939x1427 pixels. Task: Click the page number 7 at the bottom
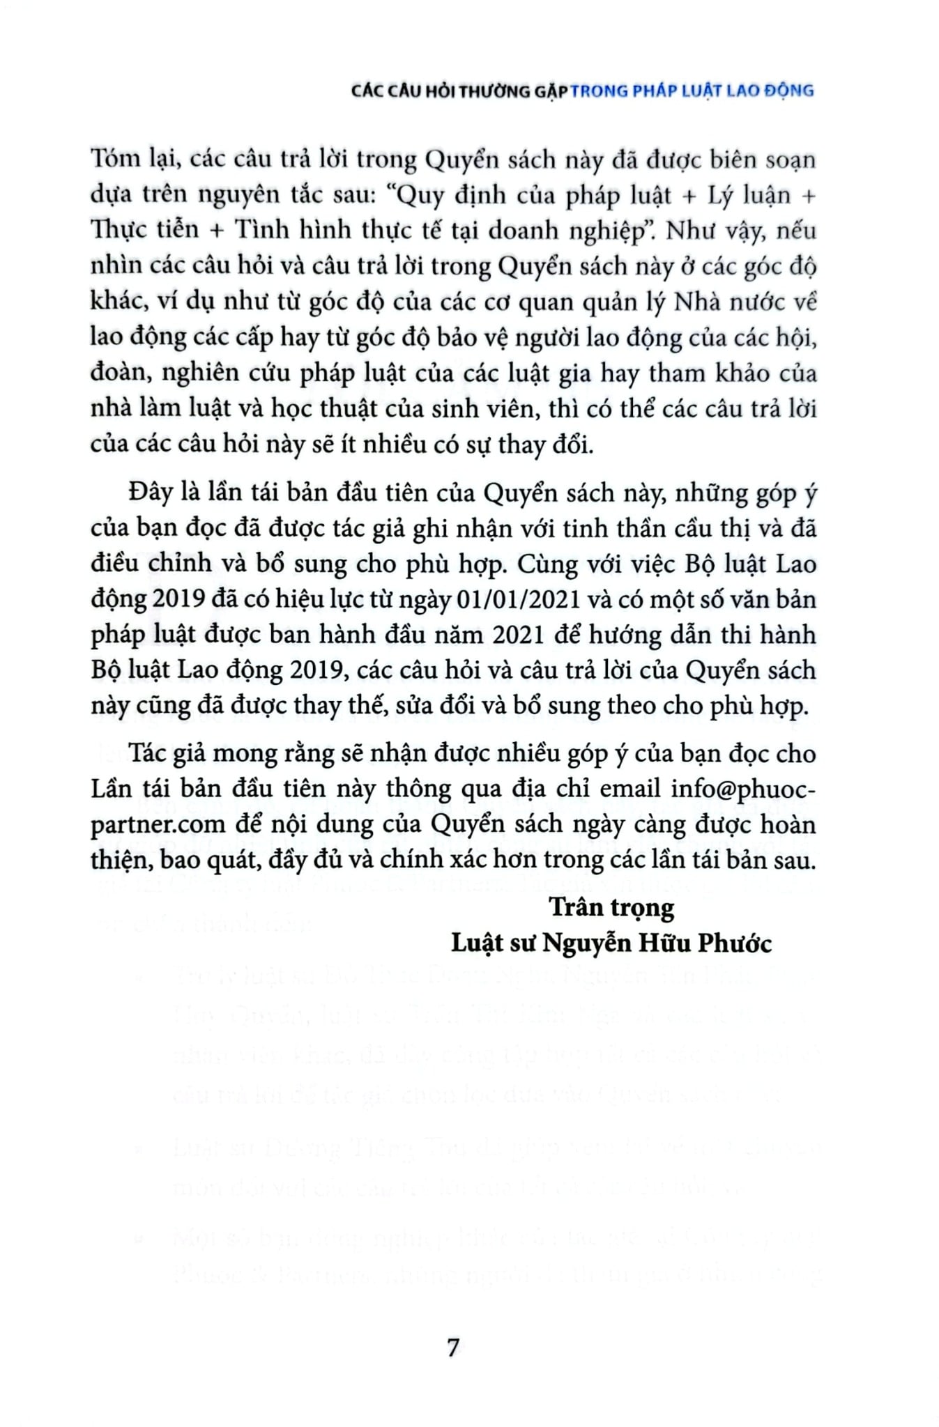[x=454, y=1348]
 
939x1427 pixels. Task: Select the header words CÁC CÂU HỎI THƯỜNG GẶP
[x=459, y=91]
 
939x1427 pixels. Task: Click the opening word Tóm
[x=114, y=160]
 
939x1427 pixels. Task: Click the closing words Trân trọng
[x=611, y=907]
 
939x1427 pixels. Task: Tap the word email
[x=629, y=789]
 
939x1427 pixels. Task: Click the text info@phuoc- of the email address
[x=742, y=789]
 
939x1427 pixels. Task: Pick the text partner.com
[x=158, y=824]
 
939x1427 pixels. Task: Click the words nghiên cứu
[x=224, y=373]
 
